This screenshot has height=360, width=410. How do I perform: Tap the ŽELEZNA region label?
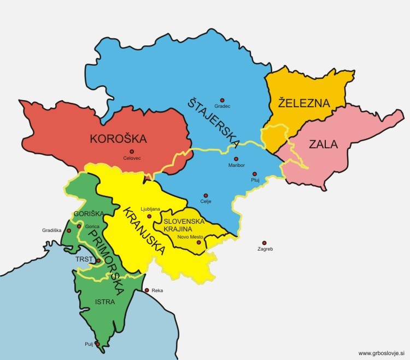304,103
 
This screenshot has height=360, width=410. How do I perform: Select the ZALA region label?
323,145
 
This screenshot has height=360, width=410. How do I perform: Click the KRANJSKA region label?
144,231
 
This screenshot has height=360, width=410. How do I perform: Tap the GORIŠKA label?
85,214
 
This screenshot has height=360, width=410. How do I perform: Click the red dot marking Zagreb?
264,243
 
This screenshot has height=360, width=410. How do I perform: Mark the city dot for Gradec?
222,100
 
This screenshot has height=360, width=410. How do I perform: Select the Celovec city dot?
131,152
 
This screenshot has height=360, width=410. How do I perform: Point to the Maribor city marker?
236,159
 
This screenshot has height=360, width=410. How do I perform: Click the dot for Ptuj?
254,174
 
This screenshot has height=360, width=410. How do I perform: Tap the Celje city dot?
206,195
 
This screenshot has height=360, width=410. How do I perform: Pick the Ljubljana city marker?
149,216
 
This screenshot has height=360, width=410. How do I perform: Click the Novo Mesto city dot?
198,242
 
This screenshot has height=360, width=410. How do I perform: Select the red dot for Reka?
147,290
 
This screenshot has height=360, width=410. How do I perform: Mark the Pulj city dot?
97,344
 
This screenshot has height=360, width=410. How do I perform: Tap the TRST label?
84,261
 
